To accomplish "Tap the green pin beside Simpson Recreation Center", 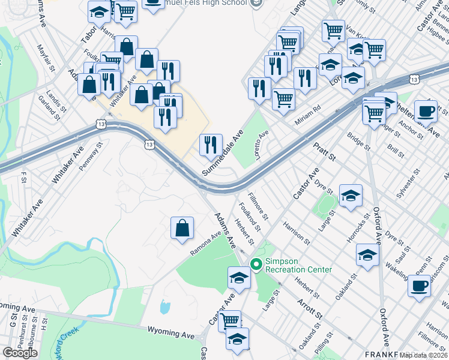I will point(256,264).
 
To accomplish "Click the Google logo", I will point(20,353).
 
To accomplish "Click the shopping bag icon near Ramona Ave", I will point(182,228).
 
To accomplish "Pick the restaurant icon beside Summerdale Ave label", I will point(211,145).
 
